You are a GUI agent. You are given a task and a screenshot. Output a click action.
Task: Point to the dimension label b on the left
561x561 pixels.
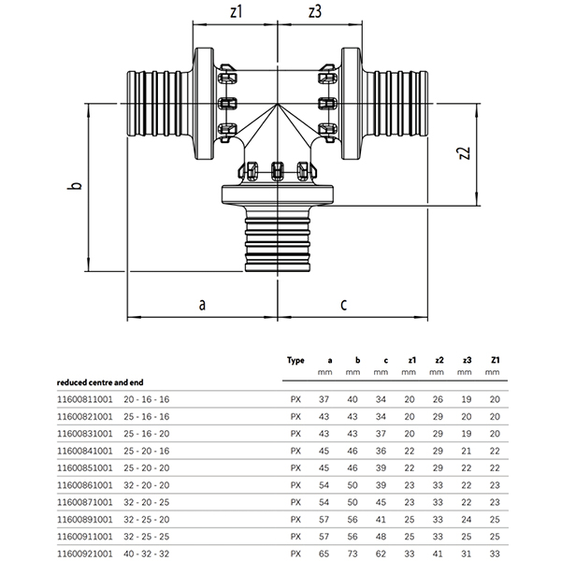click(x=79, y=186)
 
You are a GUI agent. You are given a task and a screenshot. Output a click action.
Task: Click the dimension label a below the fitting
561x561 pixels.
click(x=202, y=305)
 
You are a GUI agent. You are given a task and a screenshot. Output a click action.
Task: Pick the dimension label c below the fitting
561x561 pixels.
click(x=344, y=305)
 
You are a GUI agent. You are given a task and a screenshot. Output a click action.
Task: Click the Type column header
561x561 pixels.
click(x=296, y=360)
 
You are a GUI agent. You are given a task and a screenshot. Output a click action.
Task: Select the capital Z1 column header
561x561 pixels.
click(x=496, y=360)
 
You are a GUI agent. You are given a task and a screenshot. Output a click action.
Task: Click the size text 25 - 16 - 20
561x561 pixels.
click(x=152, y=435)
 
